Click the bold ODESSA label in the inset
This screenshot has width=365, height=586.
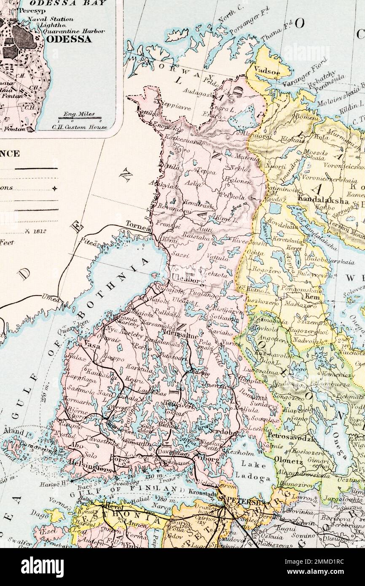pos(70,39)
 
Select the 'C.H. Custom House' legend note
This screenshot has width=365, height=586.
pos(79,126)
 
